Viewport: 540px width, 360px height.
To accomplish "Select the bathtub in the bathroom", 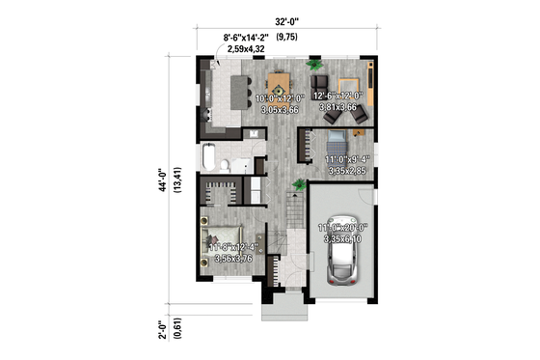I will click(210, 158).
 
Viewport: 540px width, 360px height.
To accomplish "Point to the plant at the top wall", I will click(314, 65).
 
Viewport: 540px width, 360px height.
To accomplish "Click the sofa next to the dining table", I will click(321, 83).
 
